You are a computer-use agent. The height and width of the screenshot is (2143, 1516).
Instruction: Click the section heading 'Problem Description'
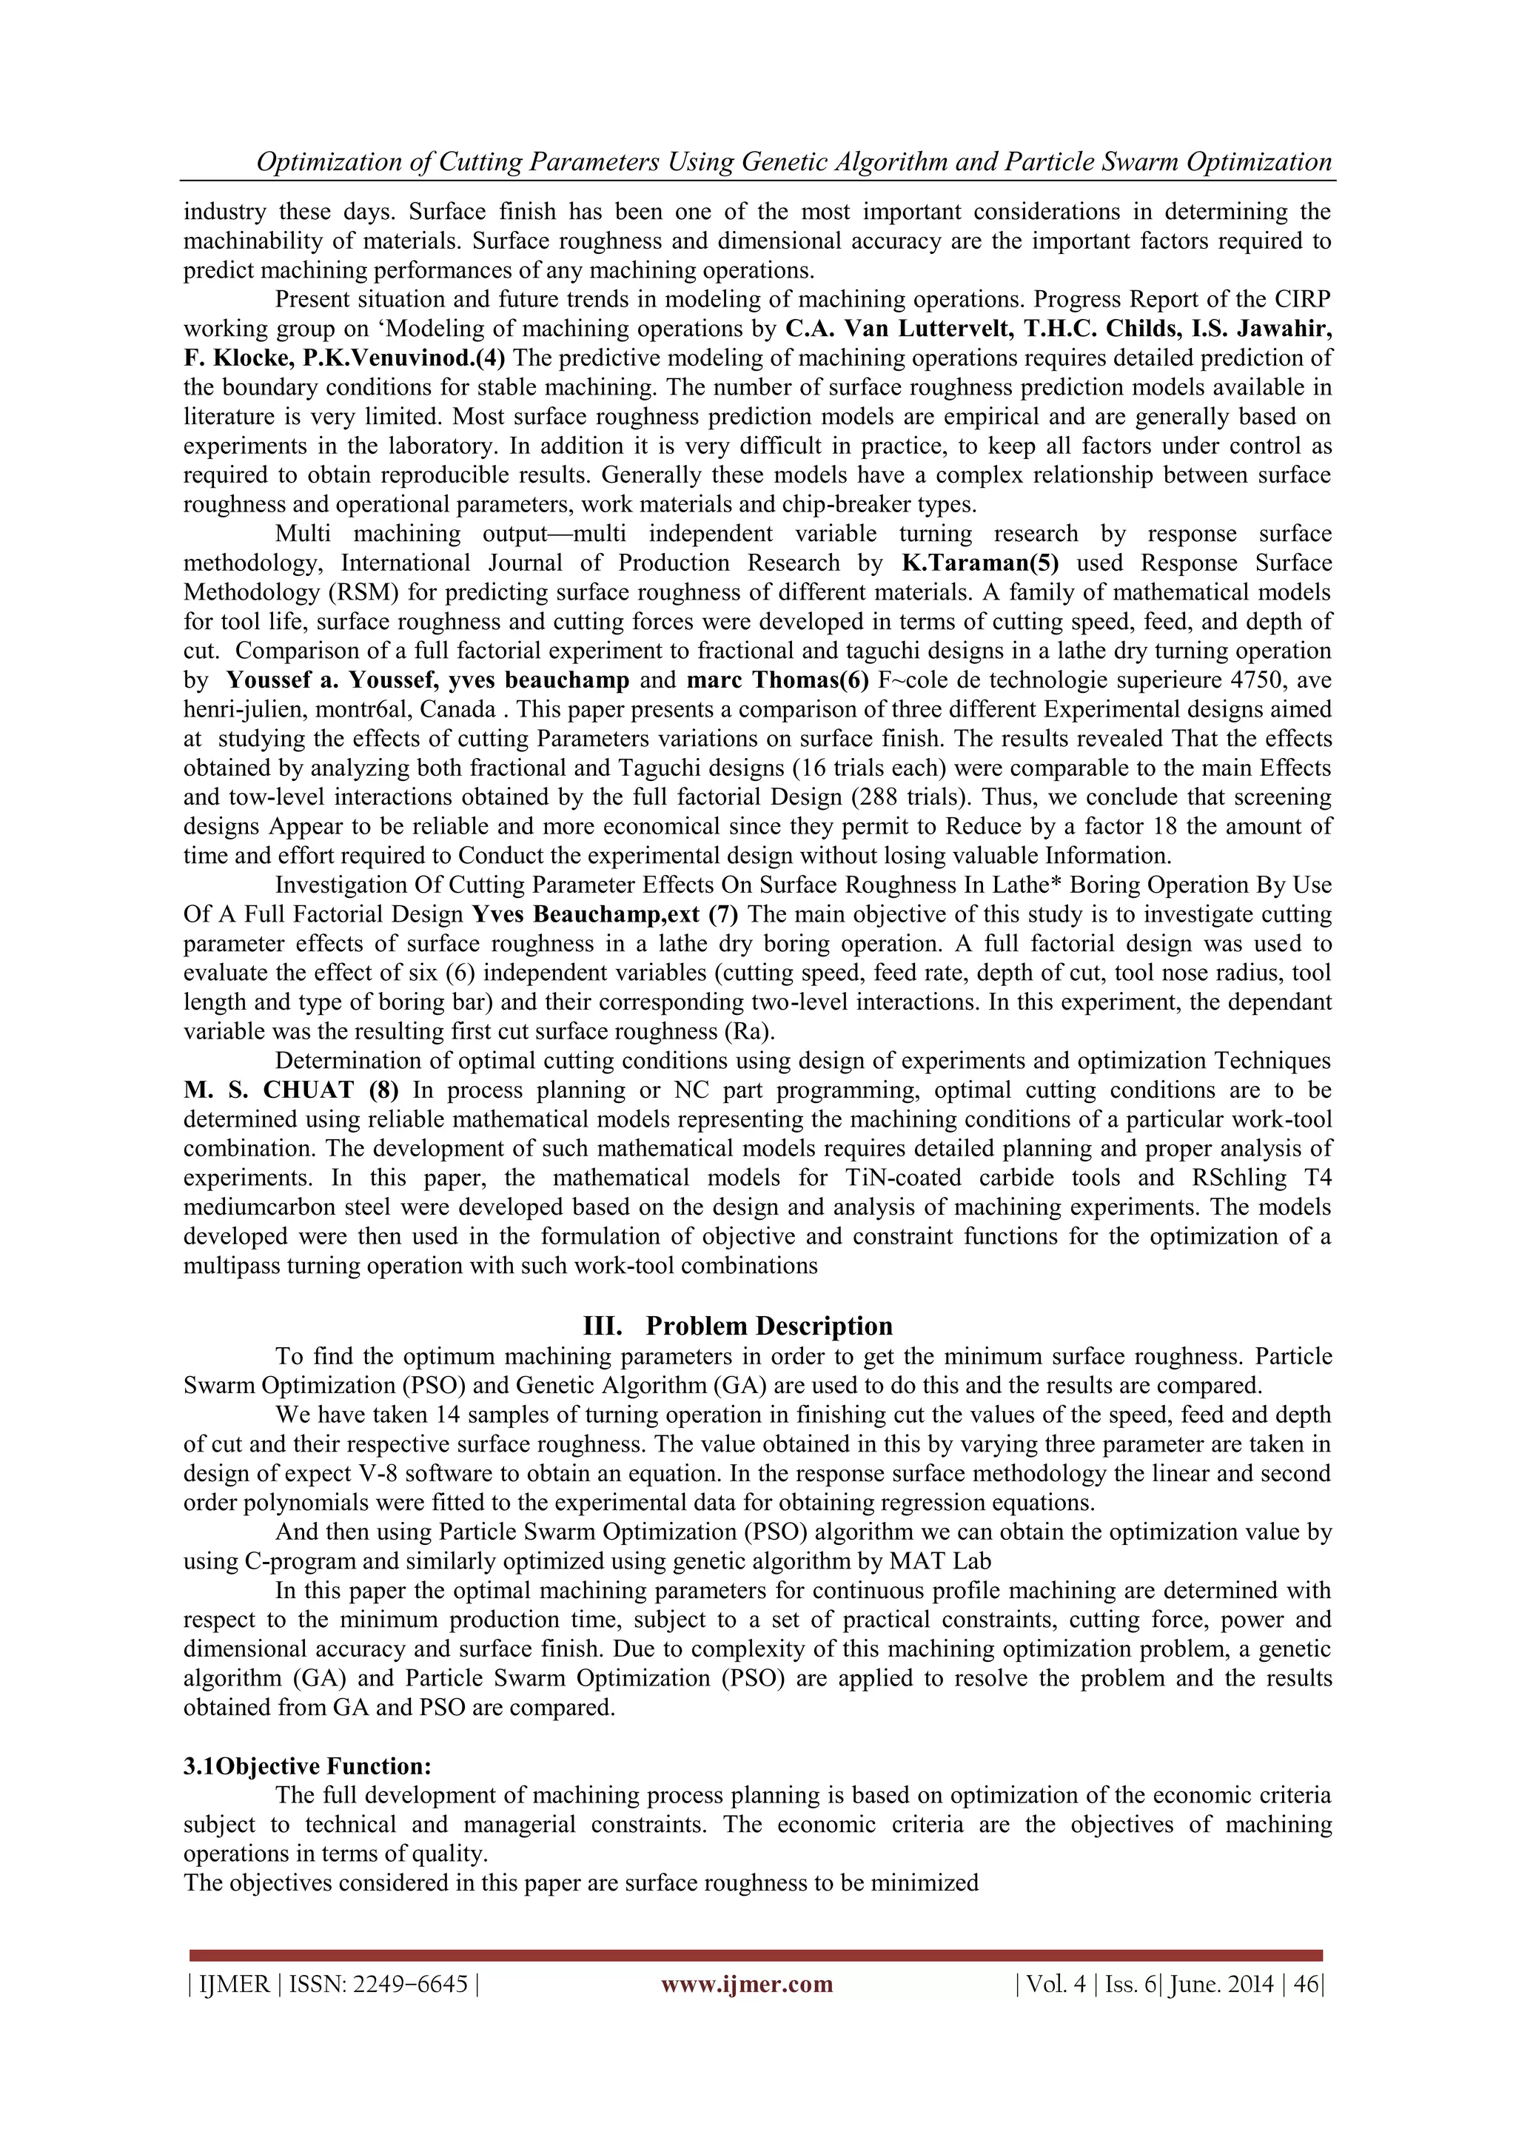tap(768, 1327)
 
